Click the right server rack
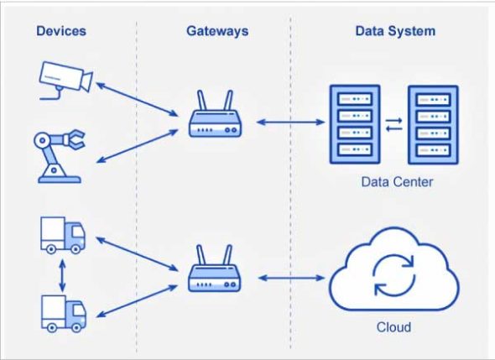pyautogui.click(x=433, y=123)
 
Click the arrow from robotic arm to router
pyautogui.click(x=138, y=145)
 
